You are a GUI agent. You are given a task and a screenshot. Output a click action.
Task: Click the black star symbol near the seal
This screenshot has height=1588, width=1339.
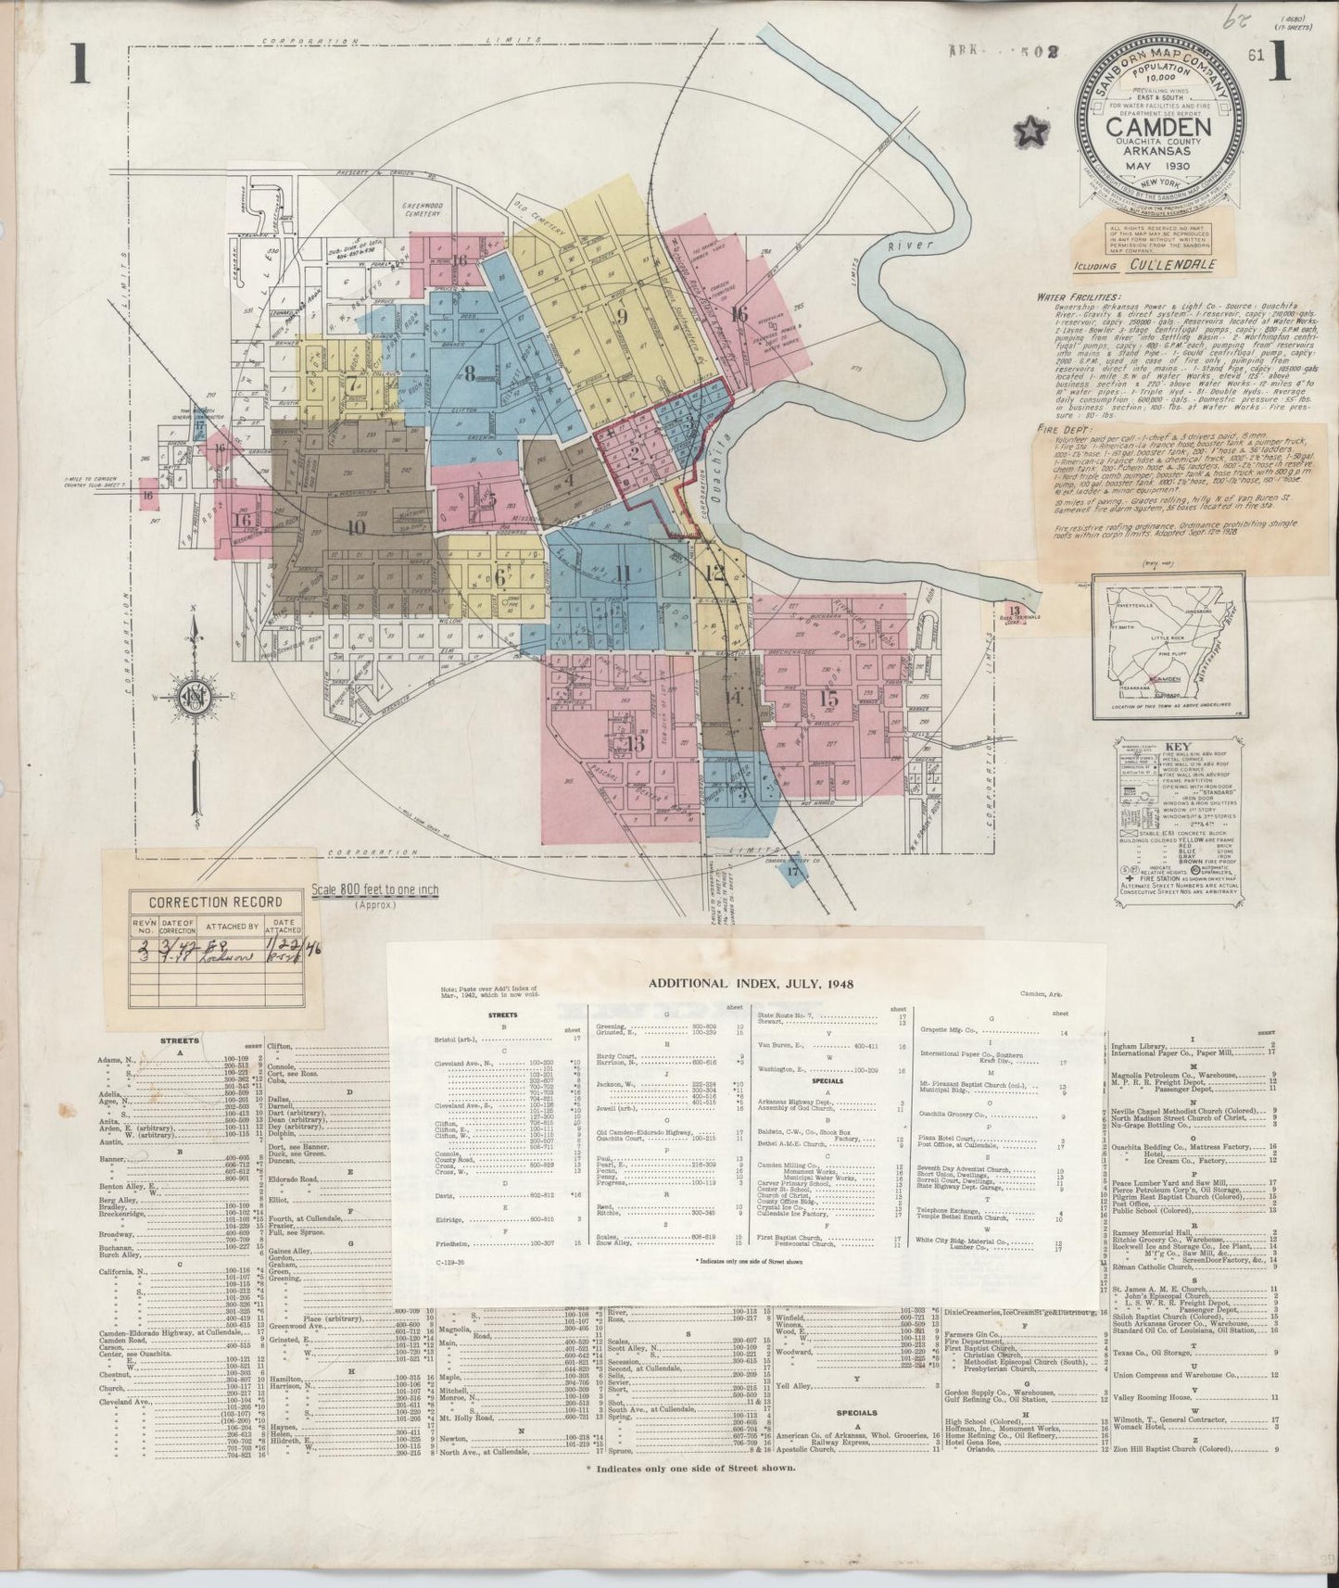[1030, 133]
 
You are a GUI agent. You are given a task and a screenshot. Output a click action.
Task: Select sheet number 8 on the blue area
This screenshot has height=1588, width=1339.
[469, 374]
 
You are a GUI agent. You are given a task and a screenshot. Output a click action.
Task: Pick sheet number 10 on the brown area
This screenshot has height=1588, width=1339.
[355, 528]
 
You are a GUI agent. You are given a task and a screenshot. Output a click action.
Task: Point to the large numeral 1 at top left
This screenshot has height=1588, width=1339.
[80, 67]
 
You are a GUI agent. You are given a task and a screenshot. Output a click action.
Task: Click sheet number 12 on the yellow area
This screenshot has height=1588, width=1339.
[714, 573]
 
